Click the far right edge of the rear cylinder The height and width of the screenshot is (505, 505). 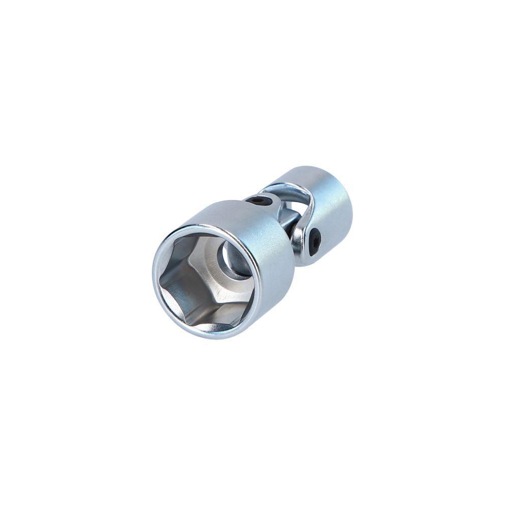(x=352, y=212)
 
